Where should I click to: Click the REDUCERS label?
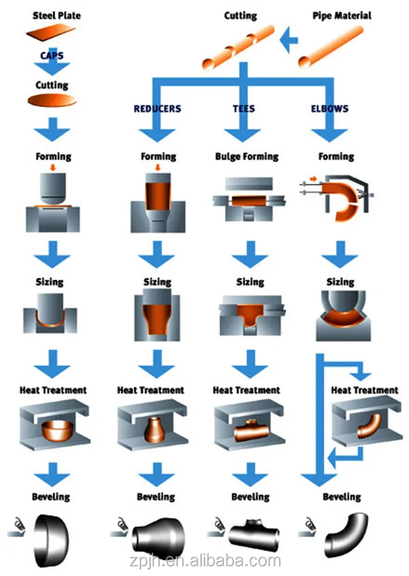click(157, 109)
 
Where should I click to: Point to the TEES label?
click(245, 109)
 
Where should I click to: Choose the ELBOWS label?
click(330, 109)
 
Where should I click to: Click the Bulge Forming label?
click(246, 157)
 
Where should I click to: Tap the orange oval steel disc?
click(52, 101)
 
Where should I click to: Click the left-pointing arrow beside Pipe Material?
click(290, 42)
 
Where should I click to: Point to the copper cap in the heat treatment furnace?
click(54, 430)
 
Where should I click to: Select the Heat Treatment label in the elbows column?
click(365, 390)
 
